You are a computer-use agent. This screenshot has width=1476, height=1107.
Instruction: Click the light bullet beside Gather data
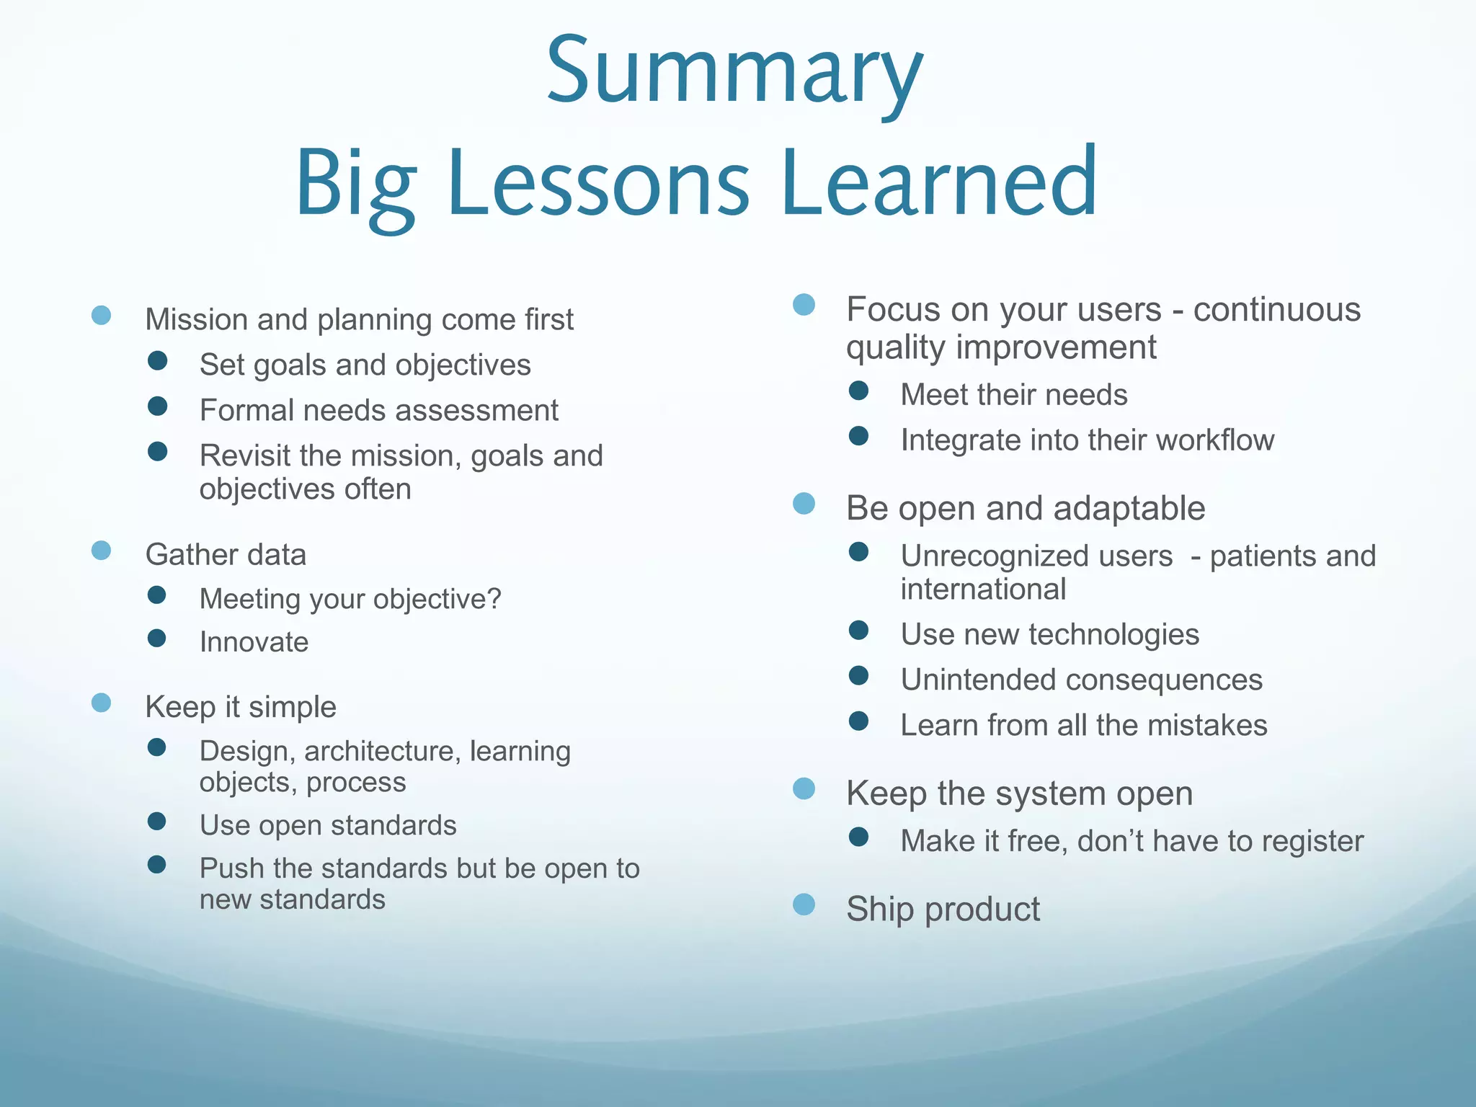click(x=102, y=551)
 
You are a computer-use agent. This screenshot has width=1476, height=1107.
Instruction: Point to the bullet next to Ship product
click(x=804, y=904)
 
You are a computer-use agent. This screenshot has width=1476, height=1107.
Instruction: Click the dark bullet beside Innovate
click(x=156, y=638)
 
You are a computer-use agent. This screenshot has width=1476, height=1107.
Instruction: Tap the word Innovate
click(x=254, y=642)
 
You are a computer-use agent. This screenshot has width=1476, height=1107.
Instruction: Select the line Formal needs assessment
click(x=378, y=411)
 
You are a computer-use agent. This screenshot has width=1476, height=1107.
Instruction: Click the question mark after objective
click(x=494, y=598)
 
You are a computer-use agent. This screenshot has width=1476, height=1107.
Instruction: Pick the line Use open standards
click(x=328, y=825)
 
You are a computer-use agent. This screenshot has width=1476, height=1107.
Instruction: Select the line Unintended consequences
click(x=1081, y=680)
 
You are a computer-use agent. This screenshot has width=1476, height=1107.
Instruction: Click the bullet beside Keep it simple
click(x=102, y=703)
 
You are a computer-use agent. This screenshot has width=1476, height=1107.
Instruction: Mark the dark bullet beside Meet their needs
click(x=858, y=391)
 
